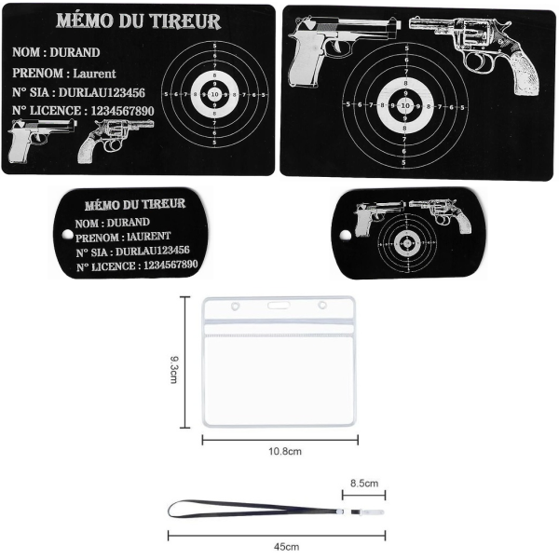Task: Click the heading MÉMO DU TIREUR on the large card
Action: pos(138,21)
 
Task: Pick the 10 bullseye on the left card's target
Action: pos(215,94)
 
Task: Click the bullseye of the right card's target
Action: pos(404,106)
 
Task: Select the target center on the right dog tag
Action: pos(406,244)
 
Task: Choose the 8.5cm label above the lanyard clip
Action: pos(364,484)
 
